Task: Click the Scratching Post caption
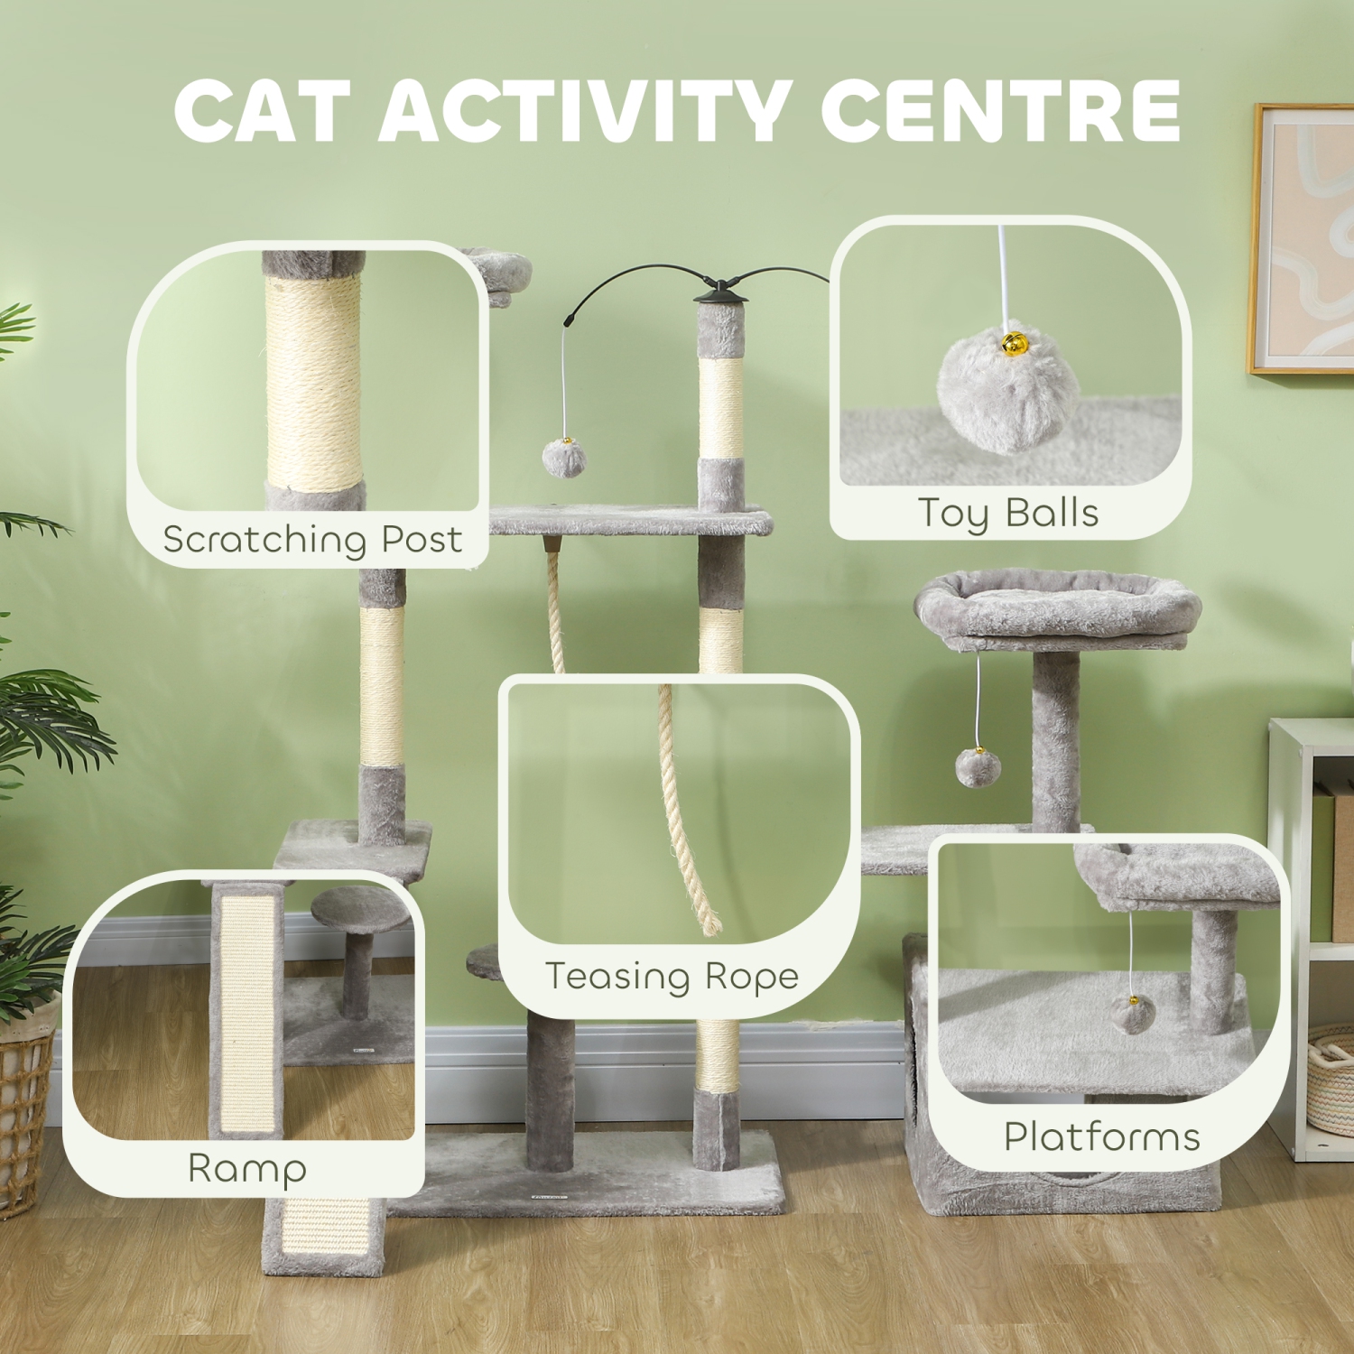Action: pyautogui.click(x=312, y=540)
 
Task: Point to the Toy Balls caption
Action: pyautogui.click(x=1008, y=513)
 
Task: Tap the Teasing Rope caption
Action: pyautogui.click(x=672, y=977)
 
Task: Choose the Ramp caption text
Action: pyautogui.click(x=247, y=1168)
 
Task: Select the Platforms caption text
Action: pyautogui.click(x=1102, y=1136)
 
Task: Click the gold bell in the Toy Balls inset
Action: pyautogui.click(x=1014, y=344)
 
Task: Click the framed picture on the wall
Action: pyautogui.click(x=1302, y=239)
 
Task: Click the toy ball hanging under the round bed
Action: pyautogui.click(x=978, y=767)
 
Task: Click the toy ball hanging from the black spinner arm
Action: pyautogui.click(x=564, y=459)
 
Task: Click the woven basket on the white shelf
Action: pyautogui.click(x=1331, y=1079)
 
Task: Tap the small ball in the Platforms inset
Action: pyautogui.click(x=1129, y=1013)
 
